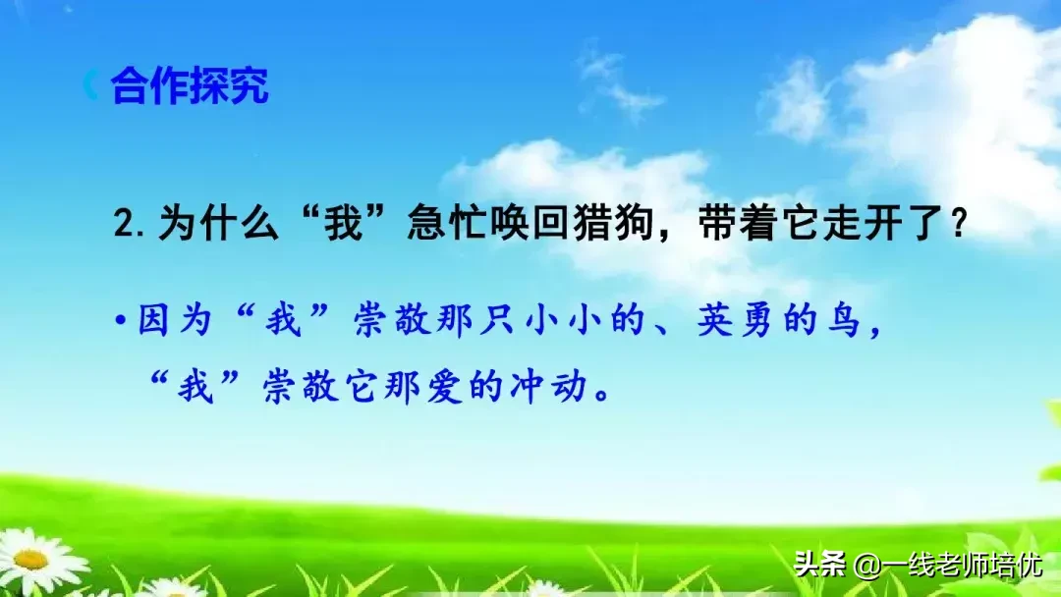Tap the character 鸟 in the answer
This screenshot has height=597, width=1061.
coord(844,321)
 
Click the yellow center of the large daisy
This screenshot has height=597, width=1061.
coord(29,559)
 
